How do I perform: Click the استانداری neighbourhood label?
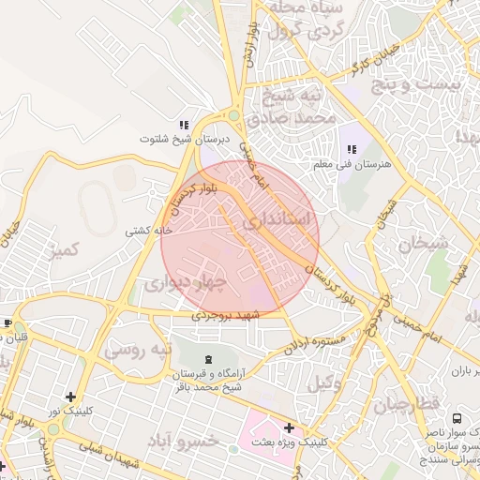(280, 223)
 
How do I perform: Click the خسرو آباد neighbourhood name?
(212, 440)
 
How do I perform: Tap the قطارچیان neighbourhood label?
(408, 405)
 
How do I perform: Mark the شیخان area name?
(424, 244)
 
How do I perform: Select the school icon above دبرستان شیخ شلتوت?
(185, 125)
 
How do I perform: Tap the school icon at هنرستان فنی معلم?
(352, 149)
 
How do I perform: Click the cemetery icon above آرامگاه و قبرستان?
(207, 361)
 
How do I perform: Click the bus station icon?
(457, 418)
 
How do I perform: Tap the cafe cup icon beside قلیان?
(7, 323)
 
